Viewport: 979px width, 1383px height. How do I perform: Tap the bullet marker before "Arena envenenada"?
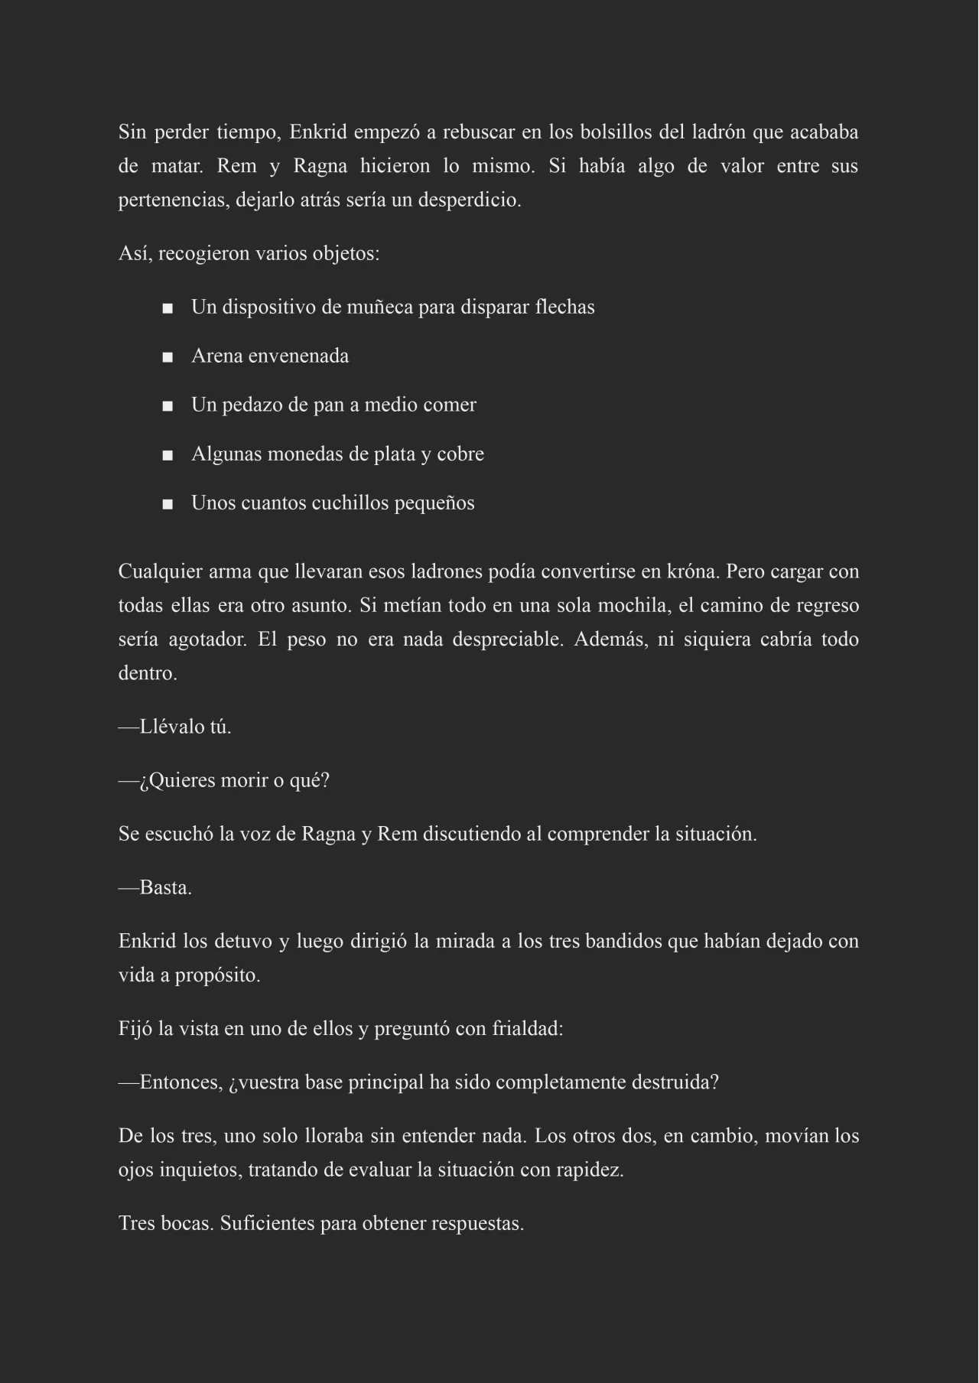click(x=168, y=357)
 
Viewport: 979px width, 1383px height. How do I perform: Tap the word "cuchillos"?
click(x=350, y=503)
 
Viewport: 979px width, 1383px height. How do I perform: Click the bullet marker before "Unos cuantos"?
click(x=168, y=504)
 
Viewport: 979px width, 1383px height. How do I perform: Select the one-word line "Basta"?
click(x=164, y=887)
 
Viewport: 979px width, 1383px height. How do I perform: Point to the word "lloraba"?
click(x=333, y=1136)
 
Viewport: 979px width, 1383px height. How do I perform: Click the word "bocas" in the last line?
click(x=187, y=1224)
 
